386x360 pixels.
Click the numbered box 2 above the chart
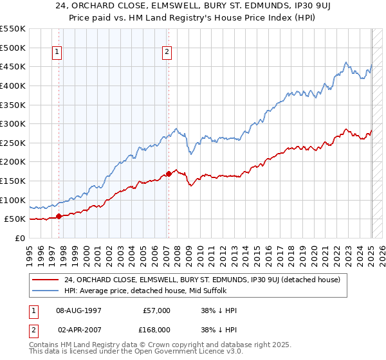[167, 53]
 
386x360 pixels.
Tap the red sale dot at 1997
[59, 216]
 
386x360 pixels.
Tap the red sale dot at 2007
[169, 174]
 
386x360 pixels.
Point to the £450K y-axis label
[13, 66]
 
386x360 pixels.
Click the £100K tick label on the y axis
[13, 200]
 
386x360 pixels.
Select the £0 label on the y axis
[20, 238]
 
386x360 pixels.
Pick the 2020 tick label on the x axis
[315, 252]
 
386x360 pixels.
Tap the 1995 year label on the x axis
[30, 252]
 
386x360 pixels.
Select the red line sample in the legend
[45, 279]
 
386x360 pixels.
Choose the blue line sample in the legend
[45, 290]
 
